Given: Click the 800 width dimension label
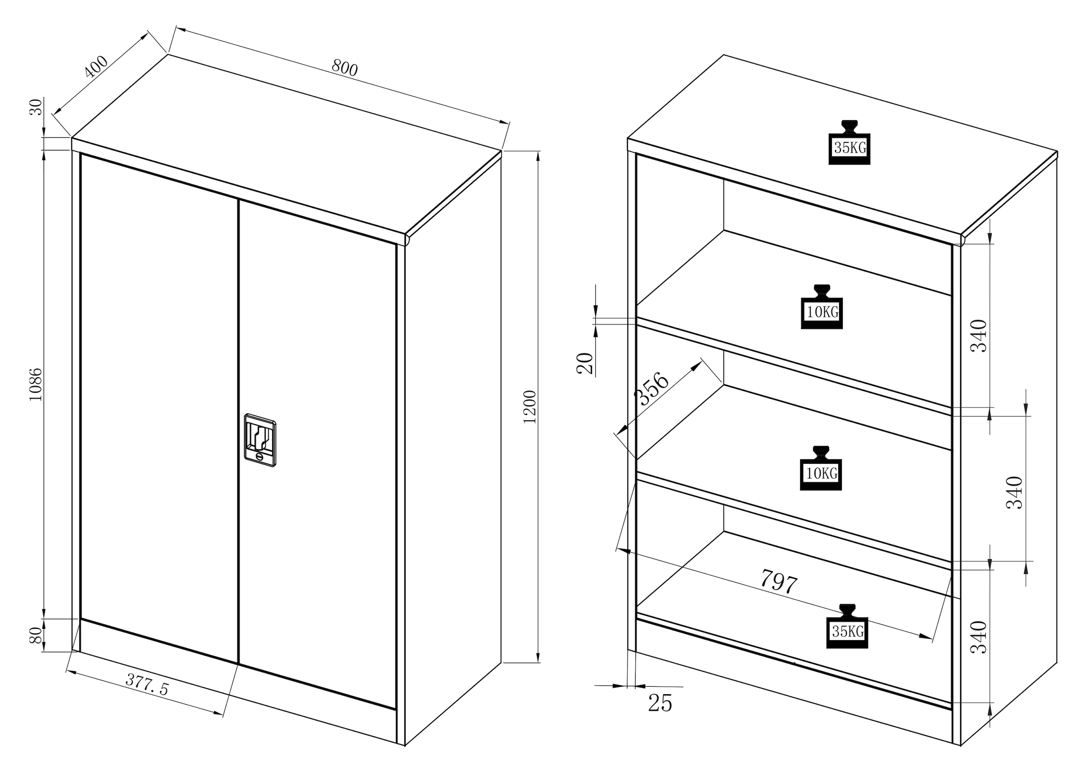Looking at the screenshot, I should [x=344, y=68].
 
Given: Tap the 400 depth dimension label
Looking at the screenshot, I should [x=96, y=67].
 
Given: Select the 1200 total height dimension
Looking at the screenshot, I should [x=529, y=407].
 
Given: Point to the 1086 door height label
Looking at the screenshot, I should [x=36, y=384].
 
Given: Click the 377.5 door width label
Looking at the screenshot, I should [x=147, y=685].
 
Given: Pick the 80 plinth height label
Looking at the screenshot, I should [x=36, y=636].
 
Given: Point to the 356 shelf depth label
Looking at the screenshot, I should [x=651, y=389].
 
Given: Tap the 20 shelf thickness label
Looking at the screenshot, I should [x=585, y=364].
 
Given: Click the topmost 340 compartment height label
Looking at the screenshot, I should [x=978, y=335].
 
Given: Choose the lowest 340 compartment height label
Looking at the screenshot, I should [x=978, y=637].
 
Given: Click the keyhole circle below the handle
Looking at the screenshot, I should [x=259, y=457].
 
